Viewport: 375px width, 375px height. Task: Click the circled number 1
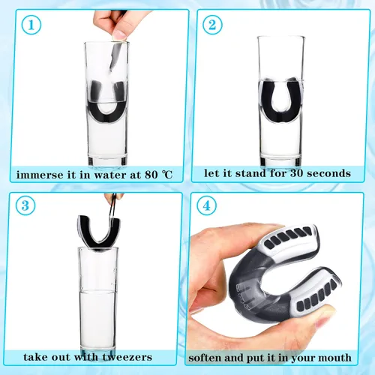click(31, 25)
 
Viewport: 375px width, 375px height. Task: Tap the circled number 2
click(212, 25)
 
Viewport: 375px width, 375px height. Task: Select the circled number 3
click(25, 205)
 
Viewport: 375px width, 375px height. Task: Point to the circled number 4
click(206, 205)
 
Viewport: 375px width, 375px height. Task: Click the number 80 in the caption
click(151, 175)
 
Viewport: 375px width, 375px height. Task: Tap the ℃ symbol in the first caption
click(167, 175)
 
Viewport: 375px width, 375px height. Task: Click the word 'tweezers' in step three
click(127, 357)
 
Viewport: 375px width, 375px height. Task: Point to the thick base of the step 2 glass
click(280, 160)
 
